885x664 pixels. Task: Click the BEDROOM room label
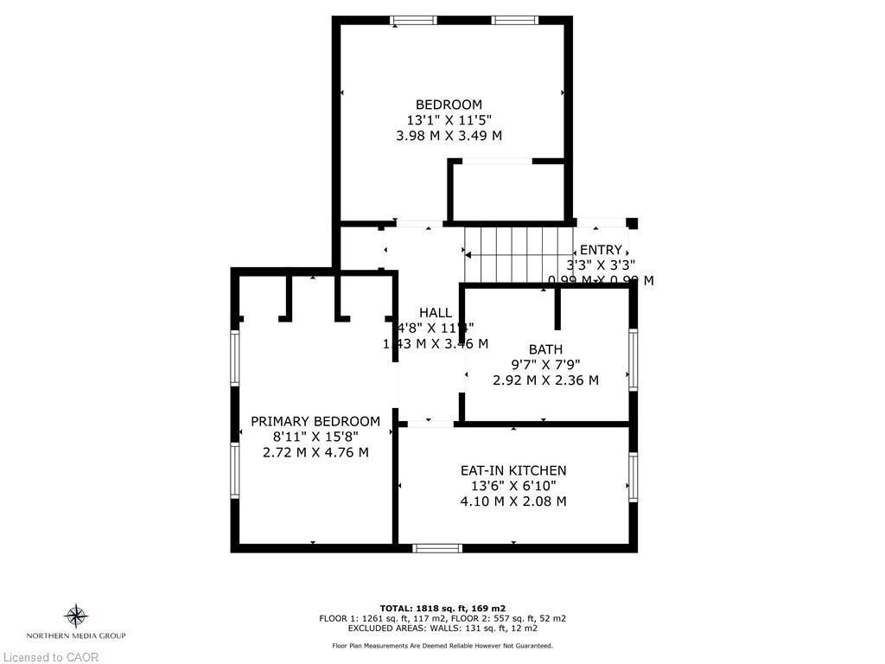(449, 105)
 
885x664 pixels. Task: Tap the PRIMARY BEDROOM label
(315, 421)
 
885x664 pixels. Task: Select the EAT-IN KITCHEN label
(513, 470)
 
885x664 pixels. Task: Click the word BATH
(545, 349)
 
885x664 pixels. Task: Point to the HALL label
(435, 312)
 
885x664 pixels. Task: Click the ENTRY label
(600, 250)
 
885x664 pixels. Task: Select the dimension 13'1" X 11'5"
(449, 120)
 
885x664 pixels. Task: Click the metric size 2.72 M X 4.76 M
(315, 452)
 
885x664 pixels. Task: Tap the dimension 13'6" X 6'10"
(513, 486)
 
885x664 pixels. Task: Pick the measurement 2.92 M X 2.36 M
(545, 380)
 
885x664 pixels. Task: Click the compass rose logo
(76, 616)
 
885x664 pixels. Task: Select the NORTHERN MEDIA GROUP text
(76, 635)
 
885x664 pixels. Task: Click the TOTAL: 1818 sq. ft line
(442, 608)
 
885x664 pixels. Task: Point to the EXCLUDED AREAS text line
(442, 628)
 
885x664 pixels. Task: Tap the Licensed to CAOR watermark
(50, 657)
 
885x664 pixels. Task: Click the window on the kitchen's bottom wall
(436, 547)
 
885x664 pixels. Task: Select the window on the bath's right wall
(633, 359)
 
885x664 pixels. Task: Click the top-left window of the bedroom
(413, 20)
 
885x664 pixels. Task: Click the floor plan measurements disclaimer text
(442, 646)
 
